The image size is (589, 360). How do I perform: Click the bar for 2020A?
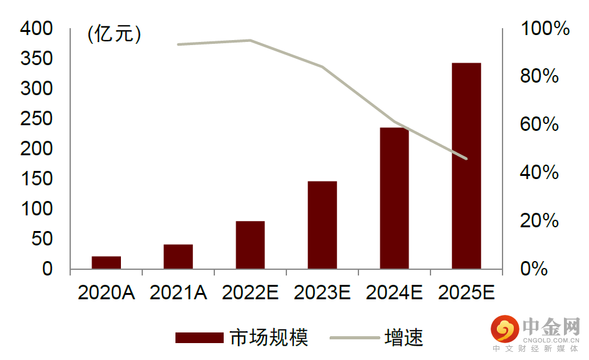tap(106, 262)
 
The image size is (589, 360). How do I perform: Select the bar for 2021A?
tap(178, 257)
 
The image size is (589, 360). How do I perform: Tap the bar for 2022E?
tap(250, 245)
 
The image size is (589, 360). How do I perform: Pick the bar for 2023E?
tap(322, 225)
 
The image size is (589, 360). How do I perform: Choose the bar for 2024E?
tap(394, 198)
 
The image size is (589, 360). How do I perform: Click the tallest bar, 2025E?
tap(466, 166)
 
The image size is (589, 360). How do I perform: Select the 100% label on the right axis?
tap(545, 29)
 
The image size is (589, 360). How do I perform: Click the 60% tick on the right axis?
tap(539, 125)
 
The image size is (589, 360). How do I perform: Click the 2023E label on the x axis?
tap(322, 292)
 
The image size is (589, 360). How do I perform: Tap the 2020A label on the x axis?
tap(106, 292)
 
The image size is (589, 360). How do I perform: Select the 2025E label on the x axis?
tap(466, 292)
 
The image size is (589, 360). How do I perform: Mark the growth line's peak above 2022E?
tap(250, 40)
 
